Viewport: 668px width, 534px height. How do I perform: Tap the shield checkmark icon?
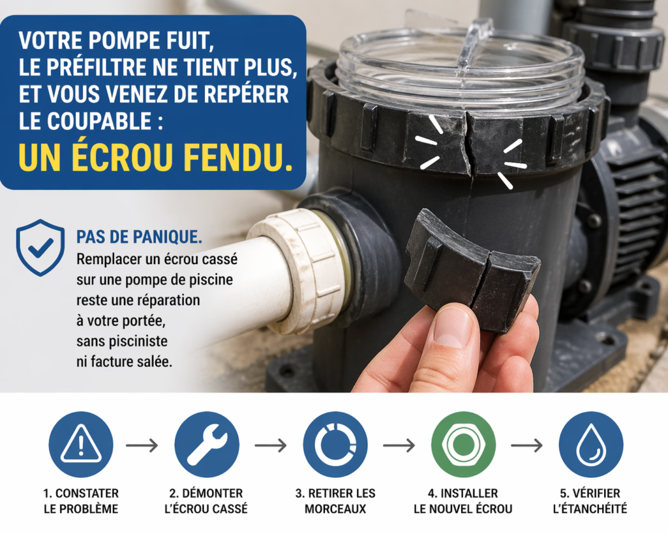pos(40,247)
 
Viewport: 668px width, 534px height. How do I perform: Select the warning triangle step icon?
pos(81,445)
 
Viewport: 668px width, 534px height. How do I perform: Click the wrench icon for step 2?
pos(207,445)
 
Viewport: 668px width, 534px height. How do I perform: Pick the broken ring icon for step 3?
pos(335,445)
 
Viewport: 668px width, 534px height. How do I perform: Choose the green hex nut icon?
pos(463,445)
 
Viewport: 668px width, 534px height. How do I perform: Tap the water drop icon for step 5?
pos(591,445)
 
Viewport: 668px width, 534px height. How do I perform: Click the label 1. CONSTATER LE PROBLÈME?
pos(81,501)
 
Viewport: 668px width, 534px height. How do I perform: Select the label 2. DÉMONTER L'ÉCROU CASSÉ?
pos(206,501)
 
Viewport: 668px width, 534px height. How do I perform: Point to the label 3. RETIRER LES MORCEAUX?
pos(335,501)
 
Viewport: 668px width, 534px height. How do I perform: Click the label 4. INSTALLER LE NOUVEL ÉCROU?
pos(463,501)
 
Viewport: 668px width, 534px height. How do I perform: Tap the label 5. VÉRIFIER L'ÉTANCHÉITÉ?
pos(591,501)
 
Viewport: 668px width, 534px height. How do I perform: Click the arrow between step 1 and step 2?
pos(142,446)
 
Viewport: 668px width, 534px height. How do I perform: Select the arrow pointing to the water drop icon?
pos(526,446)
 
